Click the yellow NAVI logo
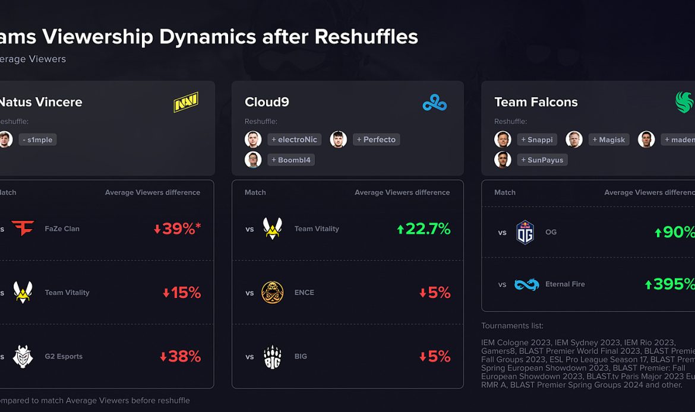tap(186, 102)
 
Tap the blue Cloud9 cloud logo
tap(435, 103)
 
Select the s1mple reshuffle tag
tap(37, 140)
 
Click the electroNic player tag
tap(294, 140)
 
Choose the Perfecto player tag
tap(376, 140)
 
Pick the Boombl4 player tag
tap(291, 160)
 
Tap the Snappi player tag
tap(537, 140)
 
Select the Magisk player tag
tap(609, 140)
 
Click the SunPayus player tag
tap(542, 160)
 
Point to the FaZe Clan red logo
tap(23, 229)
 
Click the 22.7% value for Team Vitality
tap(423, 229)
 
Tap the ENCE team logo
tap(273, 293)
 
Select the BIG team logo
tap(273, 357)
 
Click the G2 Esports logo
tap(23, 357)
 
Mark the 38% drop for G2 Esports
tap(180, 357)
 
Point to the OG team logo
tap(525, 232)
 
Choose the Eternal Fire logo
tap(526, 284)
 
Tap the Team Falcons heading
tap(536, 102)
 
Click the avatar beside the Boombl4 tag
tap(253, 160)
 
